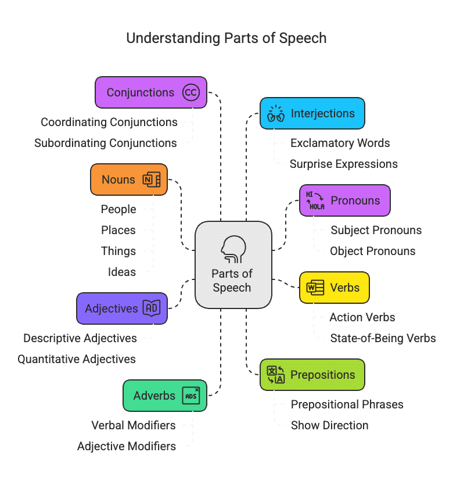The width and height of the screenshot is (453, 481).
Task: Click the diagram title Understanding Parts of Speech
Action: click(x=227, y=38)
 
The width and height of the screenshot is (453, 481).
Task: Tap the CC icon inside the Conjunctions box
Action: click(x=190, y=92)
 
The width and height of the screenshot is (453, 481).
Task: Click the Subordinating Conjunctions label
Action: click(x=106, y=143)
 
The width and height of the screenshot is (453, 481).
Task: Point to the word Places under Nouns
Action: click(x=118, y=230)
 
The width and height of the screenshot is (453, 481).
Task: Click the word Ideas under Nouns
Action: click(x=122, y=272)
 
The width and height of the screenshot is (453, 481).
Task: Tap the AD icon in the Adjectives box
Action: click(x=152, y=308)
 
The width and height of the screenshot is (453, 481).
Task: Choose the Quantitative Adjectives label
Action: click(x=77, y=359)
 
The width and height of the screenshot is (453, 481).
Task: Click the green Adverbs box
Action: click(x=165, y=396)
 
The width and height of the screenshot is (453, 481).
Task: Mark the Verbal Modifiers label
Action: click(x=134, y=425)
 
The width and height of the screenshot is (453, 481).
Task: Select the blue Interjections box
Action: click(x=312, y=113)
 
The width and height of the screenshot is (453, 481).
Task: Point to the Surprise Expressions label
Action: click(x=344, y=164)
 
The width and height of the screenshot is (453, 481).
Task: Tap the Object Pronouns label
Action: click(x=373, y=251)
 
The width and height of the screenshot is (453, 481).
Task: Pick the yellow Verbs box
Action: click(x=334, y=288)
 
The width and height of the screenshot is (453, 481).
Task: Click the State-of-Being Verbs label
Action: click(x=383, y=338)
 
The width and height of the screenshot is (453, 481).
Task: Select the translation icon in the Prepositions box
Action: click(x=275, y=375)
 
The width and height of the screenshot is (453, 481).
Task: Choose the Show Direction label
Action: click(x=330, y=425)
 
